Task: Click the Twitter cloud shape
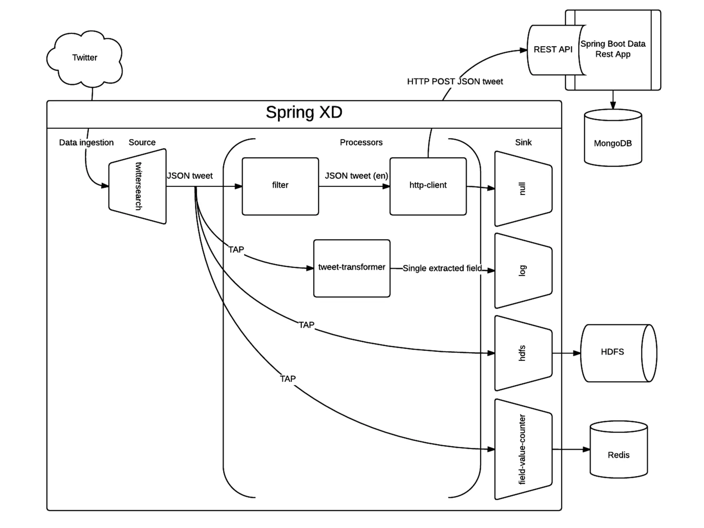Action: (x=85, y=58)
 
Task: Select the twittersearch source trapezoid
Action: (x=137, y=186)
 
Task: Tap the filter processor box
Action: (x=280, y=186)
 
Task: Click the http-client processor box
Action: (x=428, y=186)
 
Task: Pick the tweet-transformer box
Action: (x=352, y=268)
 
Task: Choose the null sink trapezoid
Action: (x=523, y=189)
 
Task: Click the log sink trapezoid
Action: (x=523, y=271)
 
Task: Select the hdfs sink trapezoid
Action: (x=523, y=353)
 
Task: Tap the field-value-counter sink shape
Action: (x=523, y=449)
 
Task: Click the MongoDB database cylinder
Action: (x=613, y=137)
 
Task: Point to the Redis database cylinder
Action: (x=619, y=449)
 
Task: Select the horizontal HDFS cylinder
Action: (x=618, y=353)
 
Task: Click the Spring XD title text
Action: (x=304, y=112)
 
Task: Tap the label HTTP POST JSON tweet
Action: (x=455, y=81)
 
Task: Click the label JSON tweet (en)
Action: (x=356, y=176)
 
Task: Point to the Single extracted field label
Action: (x=442, y=268)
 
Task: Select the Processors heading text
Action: (x=361, y=142)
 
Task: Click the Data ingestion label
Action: (x=86, y=143)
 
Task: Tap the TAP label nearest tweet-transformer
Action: (x=236, y=250)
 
